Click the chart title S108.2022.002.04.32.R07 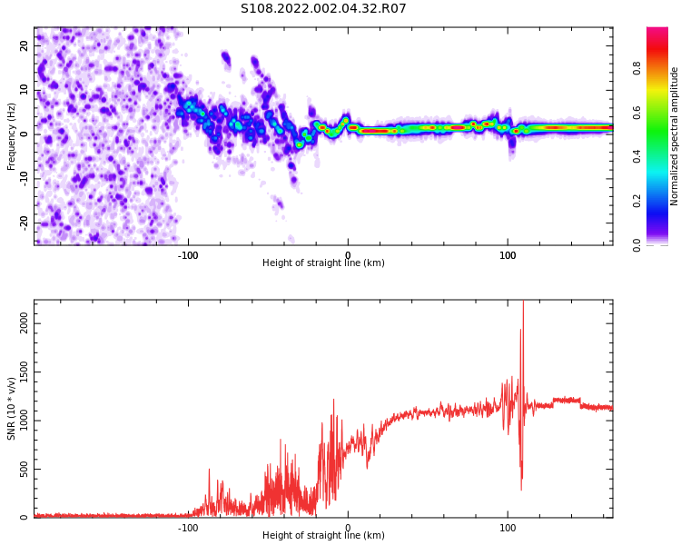coord(323,9)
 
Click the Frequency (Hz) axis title coord(12,136)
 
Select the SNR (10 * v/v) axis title coord(12,409)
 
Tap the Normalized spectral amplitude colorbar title coord(675,136)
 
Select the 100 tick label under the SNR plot coord(508,528)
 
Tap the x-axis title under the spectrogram coord(323,263)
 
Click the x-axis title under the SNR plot coord(323,536)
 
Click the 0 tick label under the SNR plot coord(348,528)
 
